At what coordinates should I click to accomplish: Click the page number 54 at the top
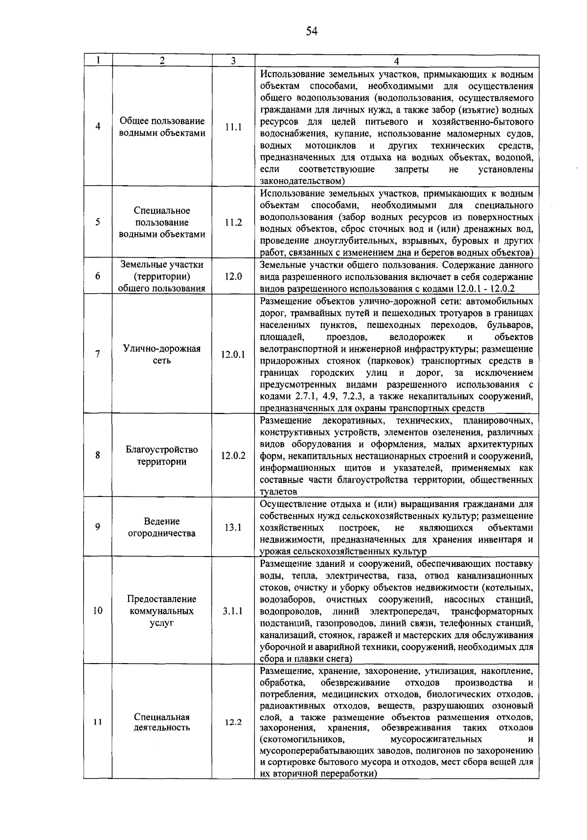312,32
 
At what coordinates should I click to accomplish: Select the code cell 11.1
233,127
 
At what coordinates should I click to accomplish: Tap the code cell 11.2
233,222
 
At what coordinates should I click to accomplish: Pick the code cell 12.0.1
233,355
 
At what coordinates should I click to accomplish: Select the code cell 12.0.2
233,455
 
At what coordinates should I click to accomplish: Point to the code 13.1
233,528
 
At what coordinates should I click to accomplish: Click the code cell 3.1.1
233,611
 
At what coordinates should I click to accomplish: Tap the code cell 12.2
233,722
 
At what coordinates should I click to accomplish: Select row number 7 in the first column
98,355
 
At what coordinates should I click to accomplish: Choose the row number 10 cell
98,611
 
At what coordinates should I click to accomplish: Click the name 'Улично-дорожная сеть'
162,355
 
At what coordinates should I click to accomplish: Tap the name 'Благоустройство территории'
162,455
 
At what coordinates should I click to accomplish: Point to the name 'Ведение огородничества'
162,527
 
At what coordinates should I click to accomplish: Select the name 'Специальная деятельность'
162,722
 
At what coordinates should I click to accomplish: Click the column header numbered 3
233,61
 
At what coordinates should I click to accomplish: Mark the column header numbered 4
396,61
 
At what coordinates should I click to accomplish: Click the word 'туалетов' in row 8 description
278,492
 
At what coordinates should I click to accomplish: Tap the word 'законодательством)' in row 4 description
303,181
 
